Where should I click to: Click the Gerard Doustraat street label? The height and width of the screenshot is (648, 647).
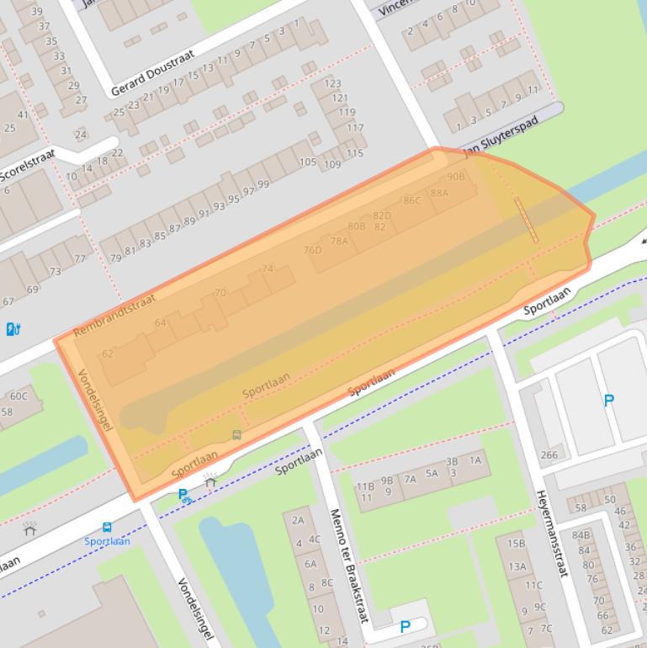coord(152,72)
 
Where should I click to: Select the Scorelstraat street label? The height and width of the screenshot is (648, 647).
coord(28,165)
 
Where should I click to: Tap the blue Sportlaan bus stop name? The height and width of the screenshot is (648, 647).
coord(107,541)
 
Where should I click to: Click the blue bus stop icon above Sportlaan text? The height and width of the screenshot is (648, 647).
coord(107,528)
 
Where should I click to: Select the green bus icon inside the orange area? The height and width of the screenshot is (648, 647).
coord(236,435)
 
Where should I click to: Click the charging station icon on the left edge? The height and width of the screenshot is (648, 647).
coord(13,328)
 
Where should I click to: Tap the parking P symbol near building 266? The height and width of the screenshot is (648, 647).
coord(609,401)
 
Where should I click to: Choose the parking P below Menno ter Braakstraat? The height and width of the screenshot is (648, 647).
coord(405,627)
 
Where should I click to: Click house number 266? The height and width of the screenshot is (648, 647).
coord(549,455)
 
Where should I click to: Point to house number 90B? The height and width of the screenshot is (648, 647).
coord(455,177)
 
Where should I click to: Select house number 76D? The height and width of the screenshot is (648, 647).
coord(312,250)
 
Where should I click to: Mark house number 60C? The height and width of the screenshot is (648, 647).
coord(19,396)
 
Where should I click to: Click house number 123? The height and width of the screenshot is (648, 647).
coord(332,83)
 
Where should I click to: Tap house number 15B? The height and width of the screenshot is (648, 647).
coord(516,544)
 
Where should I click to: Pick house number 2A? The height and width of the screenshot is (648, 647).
coord(297,521)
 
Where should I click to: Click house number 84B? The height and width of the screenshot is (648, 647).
coord(581,534)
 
